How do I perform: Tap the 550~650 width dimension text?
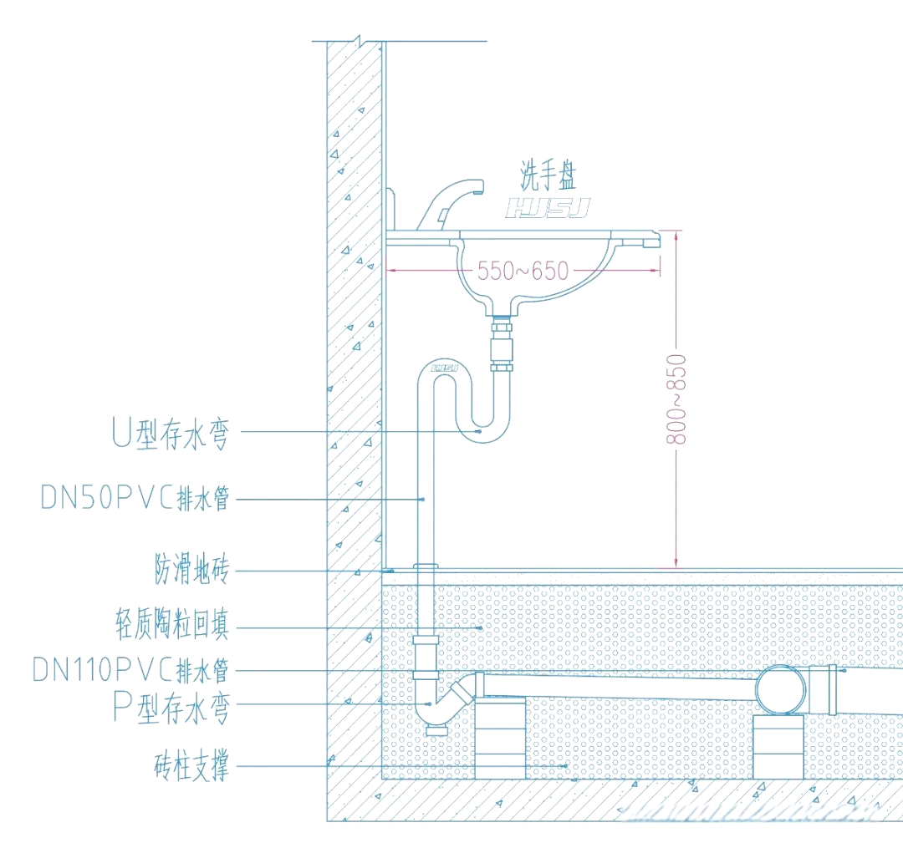[x=523, y=271]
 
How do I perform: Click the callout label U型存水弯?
[x=170, y=434]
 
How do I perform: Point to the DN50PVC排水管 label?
[x=135, y=499]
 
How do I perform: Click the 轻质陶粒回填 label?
[x=171, y=626]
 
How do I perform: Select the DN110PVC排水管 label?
[x=130, y=669]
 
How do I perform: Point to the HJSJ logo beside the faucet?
[x=548, y=207]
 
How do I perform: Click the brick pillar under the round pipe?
[x=780, y=746]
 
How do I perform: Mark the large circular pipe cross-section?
[x=782, y=689]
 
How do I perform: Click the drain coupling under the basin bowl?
[x=502, y=343]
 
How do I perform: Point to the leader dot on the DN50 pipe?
[x=423, y=500]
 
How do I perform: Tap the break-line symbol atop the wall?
[x=357, y=40]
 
